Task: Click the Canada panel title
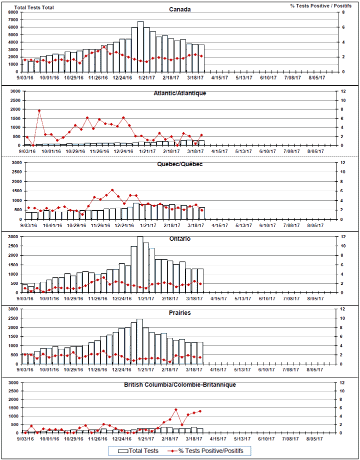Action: pyautogui.click(x=180, y=9)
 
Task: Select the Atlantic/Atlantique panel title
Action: pyautogui.click(x=180, y=93)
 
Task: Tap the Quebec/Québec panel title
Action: pyautogui.click(x=180, y=164)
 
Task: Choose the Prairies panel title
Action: pyautogui.click(x=180, y=313)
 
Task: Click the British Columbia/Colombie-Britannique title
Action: pyautogui.click(x=180, y=384)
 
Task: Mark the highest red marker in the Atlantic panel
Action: pyautogui.click(x=39, y=111)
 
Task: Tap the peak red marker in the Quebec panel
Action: pyautogui.click(x=112, y=190)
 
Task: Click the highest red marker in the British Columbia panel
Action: pyautogui.click(x=176, y=409)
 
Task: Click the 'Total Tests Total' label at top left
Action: pyautogui.click(x=34, y=8)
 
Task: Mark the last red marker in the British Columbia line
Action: pyautogui.click(x=200, y=411)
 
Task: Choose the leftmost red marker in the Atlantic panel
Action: pyautogui.click(x=27, y=137)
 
